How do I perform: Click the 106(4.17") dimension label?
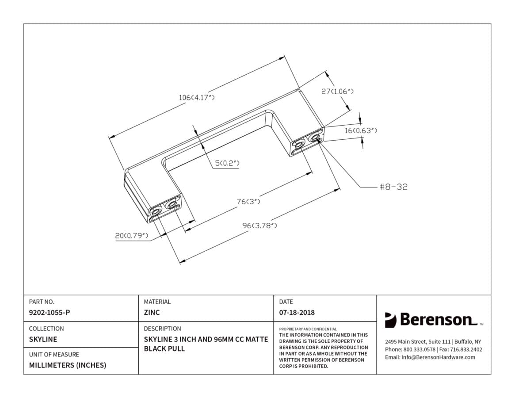(x=196, y=97)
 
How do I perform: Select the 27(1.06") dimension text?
(x=337, y=92)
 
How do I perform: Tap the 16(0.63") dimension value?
(x=361, y=130)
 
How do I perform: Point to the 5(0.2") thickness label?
(x=227, y=163)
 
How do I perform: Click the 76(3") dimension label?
(x=248, y=202)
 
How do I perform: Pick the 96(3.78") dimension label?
(x=259, y=226)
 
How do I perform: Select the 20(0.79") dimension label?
(x=131, y=236)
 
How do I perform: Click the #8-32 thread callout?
(x=393, y=187)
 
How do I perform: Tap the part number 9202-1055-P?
(x=49, y=313)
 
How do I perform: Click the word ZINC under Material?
(x=152, y=313)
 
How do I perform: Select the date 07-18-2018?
(x=297, y=313)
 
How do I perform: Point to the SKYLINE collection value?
(x=43, y=340)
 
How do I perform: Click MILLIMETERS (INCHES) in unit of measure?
(x=68, y=365)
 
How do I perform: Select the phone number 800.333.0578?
(x=420, y=349)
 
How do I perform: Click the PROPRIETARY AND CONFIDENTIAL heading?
(x=308, y=329)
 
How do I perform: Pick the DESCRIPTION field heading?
(x=162, y=329)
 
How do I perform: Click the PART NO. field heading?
(x=42, y=302)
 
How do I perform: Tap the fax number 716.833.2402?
(x=466, y=349)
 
